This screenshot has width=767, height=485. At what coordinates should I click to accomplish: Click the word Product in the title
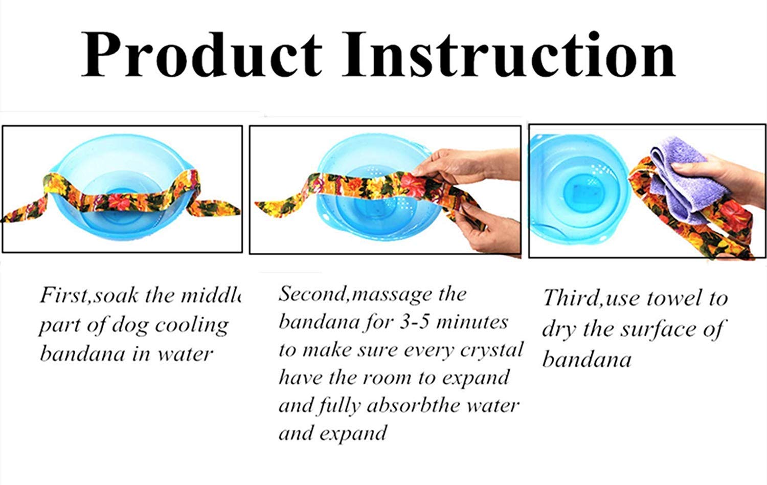(202, 54)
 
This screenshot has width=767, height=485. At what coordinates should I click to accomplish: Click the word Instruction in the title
(509, 54)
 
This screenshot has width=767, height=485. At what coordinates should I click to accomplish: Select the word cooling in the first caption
(192, 325)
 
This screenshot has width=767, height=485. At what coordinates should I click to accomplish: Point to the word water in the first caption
(185, 355)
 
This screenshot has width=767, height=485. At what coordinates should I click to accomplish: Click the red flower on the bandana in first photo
(119, 202)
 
